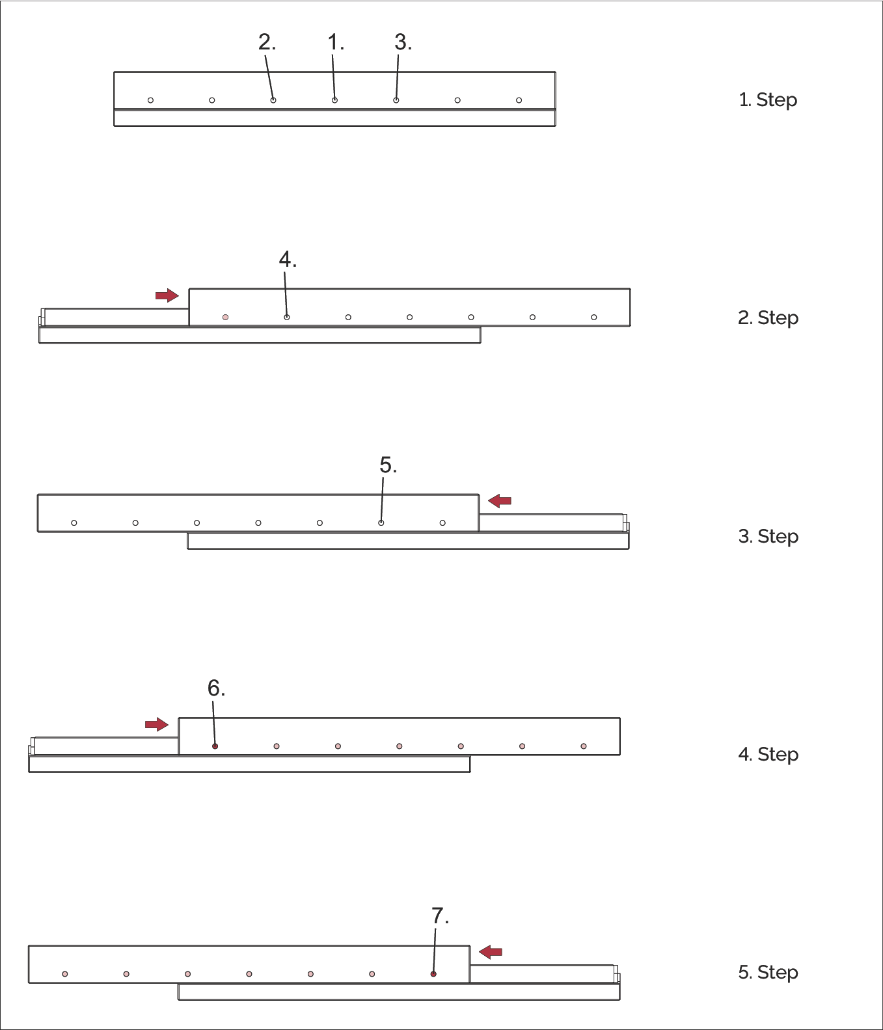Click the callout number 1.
pos(334,43)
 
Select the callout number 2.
pos(266,43)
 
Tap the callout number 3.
pos(402,43)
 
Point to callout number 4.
pos(287,260)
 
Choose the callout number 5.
pos(387,466)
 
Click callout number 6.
pos(215,688)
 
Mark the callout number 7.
pos(439,916)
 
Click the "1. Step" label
pos(768,100)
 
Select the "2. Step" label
pos(768,318)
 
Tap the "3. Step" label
pos(768,537)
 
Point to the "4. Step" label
pos(768,755)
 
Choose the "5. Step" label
pos(768,973)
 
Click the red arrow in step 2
pos(167,295)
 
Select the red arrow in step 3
pos(500,500)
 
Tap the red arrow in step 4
pos(157,724)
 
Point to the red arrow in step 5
pos(491,952)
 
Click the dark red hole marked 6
pos(215,746)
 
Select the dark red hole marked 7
pos(433,974)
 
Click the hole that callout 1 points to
pos(334,100)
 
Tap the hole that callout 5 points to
pos(381,523)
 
